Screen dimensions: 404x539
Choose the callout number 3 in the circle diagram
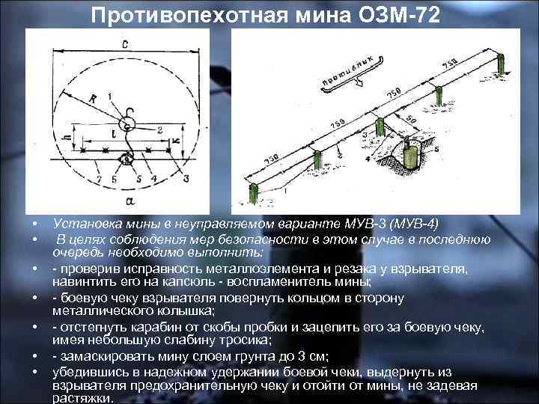tap(186, 178)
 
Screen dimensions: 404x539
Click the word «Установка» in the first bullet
tap(84, 224)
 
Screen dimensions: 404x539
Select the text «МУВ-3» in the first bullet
tap(354, 224)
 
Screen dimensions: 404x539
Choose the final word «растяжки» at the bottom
tap(83, 399)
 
